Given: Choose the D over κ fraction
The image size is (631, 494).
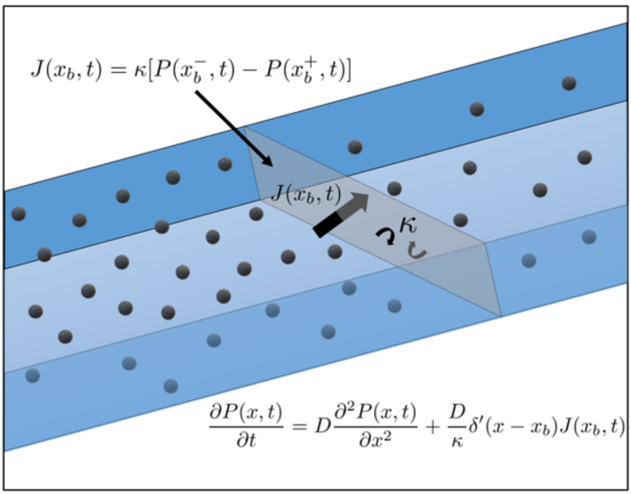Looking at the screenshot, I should click(x=455, y=421).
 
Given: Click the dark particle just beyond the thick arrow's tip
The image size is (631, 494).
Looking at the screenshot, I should click(x=394, y=188).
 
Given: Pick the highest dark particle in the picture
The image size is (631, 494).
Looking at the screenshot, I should click(x=569, y=83).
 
